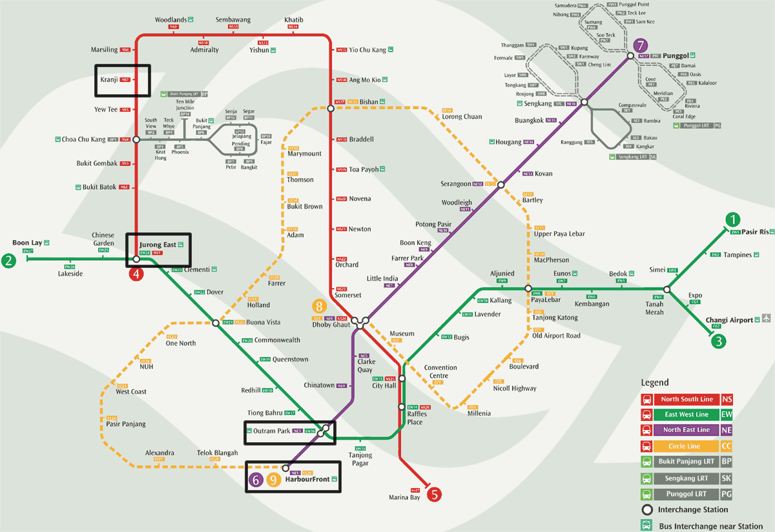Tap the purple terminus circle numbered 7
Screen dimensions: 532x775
click(640, 46)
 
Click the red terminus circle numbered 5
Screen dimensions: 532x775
click(435, 495)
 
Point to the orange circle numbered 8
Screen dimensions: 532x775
click(319, 306)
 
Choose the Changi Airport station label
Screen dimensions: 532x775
click(729, 320)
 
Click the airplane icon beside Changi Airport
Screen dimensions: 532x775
click(766, 319)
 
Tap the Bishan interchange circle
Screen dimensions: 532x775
click(331, 109)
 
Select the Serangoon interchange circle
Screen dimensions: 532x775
click(501, 185)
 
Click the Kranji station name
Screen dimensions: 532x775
click(109, 80)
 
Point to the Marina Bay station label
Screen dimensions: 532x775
click(404, 497)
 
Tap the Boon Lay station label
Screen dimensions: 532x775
click(27, 243)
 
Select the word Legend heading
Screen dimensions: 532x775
click(655, 382)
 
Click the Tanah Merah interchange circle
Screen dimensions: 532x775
click(667, 290)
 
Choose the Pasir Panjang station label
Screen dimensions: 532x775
click(126, 424)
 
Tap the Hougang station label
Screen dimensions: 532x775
click(508, 141)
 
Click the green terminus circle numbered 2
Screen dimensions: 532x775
click(8, 261)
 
